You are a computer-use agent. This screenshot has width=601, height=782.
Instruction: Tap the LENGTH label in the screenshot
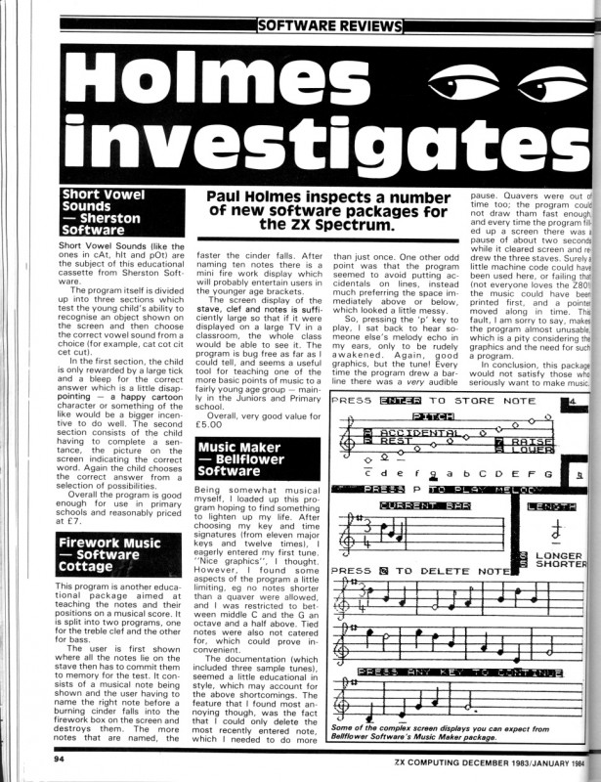click(x=550, y=505)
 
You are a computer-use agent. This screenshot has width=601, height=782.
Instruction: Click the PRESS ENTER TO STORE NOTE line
click(x=434, y=402)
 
